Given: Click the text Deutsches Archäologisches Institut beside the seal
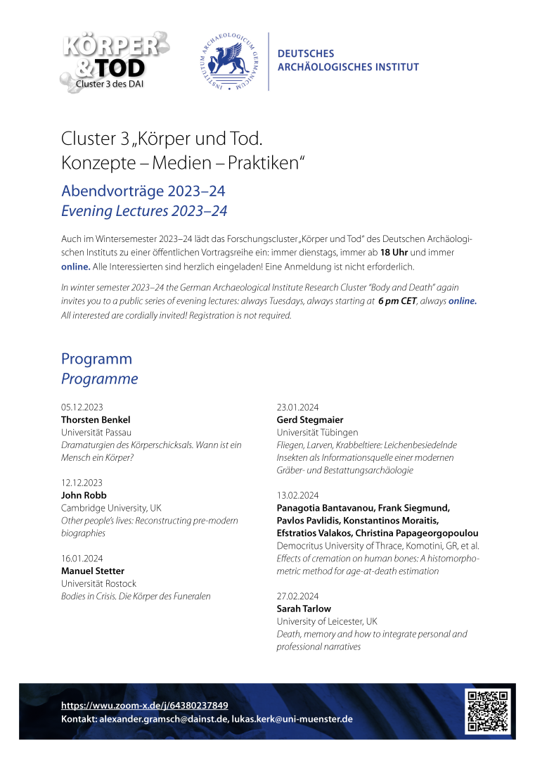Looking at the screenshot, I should [x=348, y=61].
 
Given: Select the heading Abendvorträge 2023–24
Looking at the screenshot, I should [x=143, y=191].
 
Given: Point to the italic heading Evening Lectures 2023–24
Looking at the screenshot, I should [x=144, y=210].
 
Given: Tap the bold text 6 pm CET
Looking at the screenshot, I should [x=397, y=300].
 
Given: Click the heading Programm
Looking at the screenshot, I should [x=96, y=358].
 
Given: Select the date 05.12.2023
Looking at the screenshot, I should [x=82, y=407].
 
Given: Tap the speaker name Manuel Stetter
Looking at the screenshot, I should [x=93, y=571].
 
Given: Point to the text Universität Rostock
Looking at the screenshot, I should [x=98, y=583].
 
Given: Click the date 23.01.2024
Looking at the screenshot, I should [x=297, y=407].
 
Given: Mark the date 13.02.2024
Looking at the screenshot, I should [x=297, y=495].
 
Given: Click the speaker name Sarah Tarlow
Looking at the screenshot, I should [x=304, y=609].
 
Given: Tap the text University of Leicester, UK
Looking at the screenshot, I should [x=327, y=621].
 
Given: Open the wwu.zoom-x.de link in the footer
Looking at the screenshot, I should [x=144, y=705].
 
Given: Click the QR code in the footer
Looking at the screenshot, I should [x=486, y=712].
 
